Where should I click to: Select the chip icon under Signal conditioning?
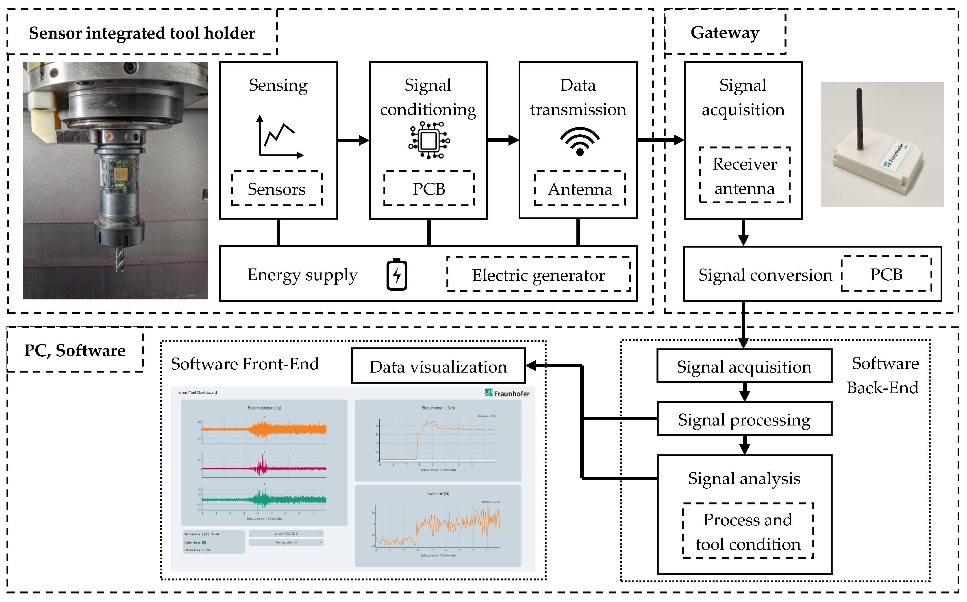click(429, 141)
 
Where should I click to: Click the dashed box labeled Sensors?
click(277, 189)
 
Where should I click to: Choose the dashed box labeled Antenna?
click(580, 189)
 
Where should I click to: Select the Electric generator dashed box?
click(538, 275)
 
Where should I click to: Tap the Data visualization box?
click(438, 366)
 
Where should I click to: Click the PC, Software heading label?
click(75, 350)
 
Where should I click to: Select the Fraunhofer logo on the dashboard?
click(507, 393)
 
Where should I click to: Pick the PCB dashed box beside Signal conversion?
click(886, 274)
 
